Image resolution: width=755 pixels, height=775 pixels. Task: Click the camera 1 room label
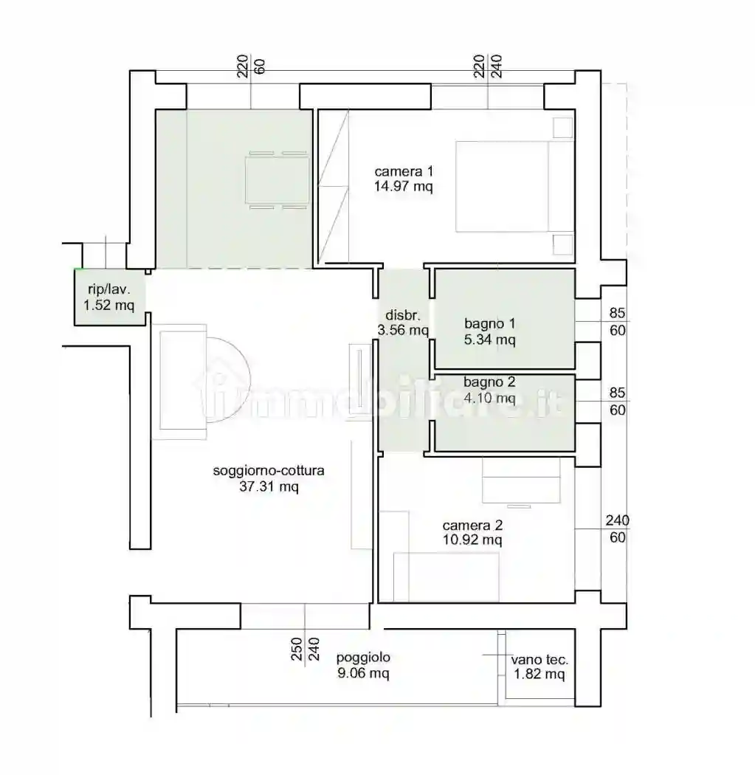[402, 172]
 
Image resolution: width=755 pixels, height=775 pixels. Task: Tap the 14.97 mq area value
[402, 187]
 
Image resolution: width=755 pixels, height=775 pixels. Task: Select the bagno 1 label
[489, 323]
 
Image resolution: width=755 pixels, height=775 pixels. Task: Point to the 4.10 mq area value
[489, 398]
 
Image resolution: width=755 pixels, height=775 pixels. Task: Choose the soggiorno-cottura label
[269, 470]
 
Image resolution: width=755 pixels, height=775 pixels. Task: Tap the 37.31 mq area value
[269, 486]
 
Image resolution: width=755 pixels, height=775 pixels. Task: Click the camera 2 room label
[472, 526]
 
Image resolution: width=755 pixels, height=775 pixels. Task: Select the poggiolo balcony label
[363, 657]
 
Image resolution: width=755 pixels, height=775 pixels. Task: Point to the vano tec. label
[539, 660]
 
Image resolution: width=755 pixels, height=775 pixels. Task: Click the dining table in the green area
[277, 180]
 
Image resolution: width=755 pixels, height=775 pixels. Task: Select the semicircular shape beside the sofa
[227, 379]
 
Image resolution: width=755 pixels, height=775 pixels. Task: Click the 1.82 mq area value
[539, 675]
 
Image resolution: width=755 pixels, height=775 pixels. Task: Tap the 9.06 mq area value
[363, 672]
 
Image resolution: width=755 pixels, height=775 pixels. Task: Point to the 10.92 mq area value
[472, 540]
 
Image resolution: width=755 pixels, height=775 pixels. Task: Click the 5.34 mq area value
[489, 340]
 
